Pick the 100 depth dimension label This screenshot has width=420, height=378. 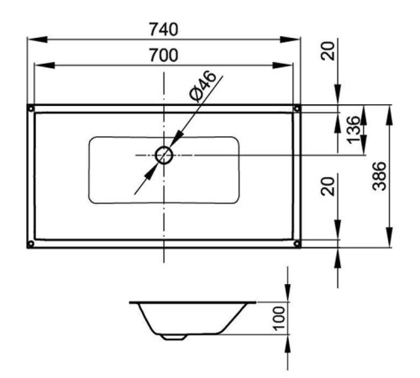[279, 318]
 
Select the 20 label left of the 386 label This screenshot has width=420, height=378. [328, 186]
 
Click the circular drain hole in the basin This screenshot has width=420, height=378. [164, 155]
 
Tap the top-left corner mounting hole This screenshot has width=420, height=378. [31, 108]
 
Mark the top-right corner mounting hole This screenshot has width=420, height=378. [297, 108]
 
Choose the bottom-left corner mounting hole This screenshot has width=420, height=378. [31, 244]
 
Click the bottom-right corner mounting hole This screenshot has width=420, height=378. [297, 244]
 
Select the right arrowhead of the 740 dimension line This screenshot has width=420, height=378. [296, 39]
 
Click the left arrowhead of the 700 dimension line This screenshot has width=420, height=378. [39, 66]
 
